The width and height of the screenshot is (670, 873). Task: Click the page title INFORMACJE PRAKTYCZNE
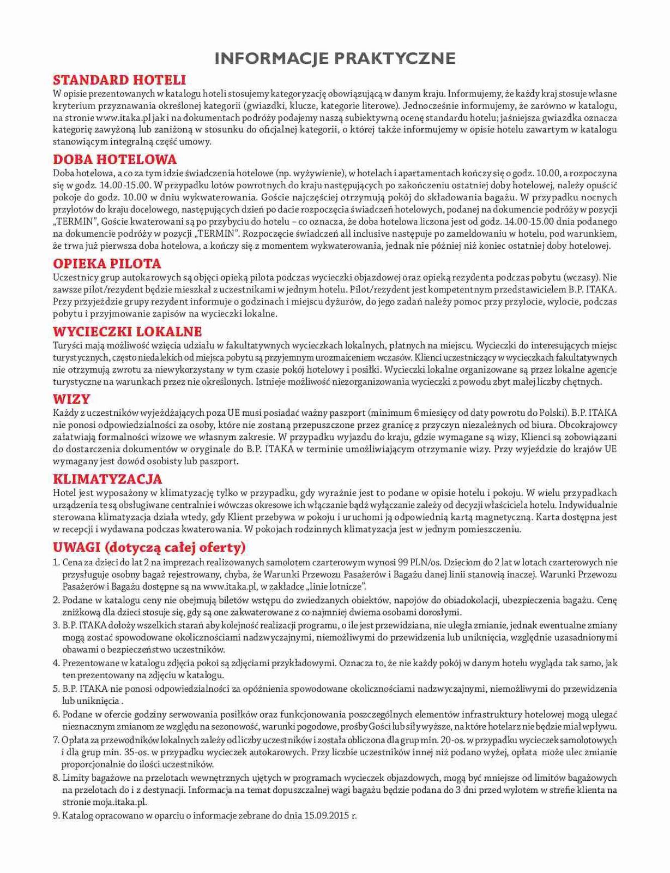point(335,58)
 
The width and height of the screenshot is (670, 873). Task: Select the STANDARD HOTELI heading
point(119,80)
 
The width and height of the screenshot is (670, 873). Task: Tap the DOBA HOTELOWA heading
point(115,159)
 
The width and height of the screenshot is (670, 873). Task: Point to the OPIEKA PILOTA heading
point(107,264)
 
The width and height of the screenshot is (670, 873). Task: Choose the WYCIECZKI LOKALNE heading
point(127,331)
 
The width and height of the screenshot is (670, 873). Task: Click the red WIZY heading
point(71,399)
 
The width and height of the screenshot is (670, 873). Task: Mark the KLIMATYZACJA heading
point(107,479)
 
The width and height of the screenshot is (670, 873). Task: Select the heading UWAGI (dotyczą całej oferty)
point(149,547)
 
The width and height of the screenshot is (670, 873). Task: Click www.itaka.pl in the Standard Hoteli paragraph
point(124,117)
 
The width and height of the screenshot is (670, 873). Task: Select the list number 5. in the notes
point(56,689)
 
